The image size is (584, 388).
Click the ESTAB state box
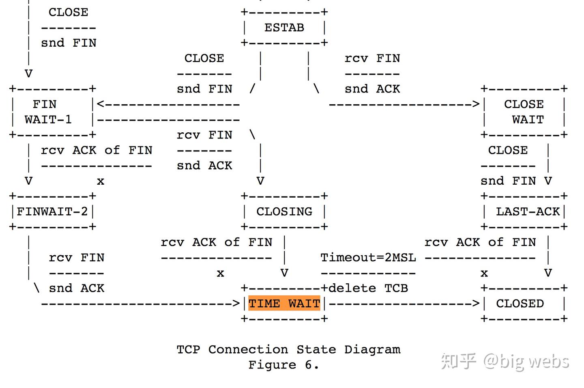tap(284, 28)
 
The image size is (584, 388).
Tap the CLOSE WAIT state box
tap(524, 112)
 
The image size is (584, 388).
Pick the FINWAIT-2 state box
tap(52, 211)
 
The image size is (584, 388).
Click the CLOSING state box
tap(284, 211)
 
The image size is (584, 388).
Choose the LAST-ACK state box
tap(527, 211)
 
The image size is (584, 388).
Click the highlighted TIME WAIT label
tap(284, 303)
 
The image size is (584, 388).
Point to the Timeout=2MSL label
tap(368, 257)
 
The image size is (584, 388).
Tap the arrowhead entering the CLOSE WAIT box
tap(476, 104)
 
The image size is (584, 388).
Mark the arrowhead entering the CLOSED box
tap(476, 303)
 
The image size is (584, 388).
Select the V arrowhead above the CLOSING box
tap(260, 181)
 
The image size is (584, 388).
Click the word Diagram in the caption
tap(372, 349)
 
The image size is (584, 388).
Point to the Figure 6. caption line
tap(284, 365)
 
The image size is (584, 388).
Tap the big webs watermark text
tap(526, 361)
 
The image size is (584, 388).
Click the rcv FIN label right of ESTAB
tap(372, 58)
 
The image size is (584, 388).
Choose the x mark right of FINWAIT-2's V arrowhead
tap(101, 181)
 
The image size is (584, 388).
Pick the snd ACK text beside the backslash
tap(76, 288)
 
